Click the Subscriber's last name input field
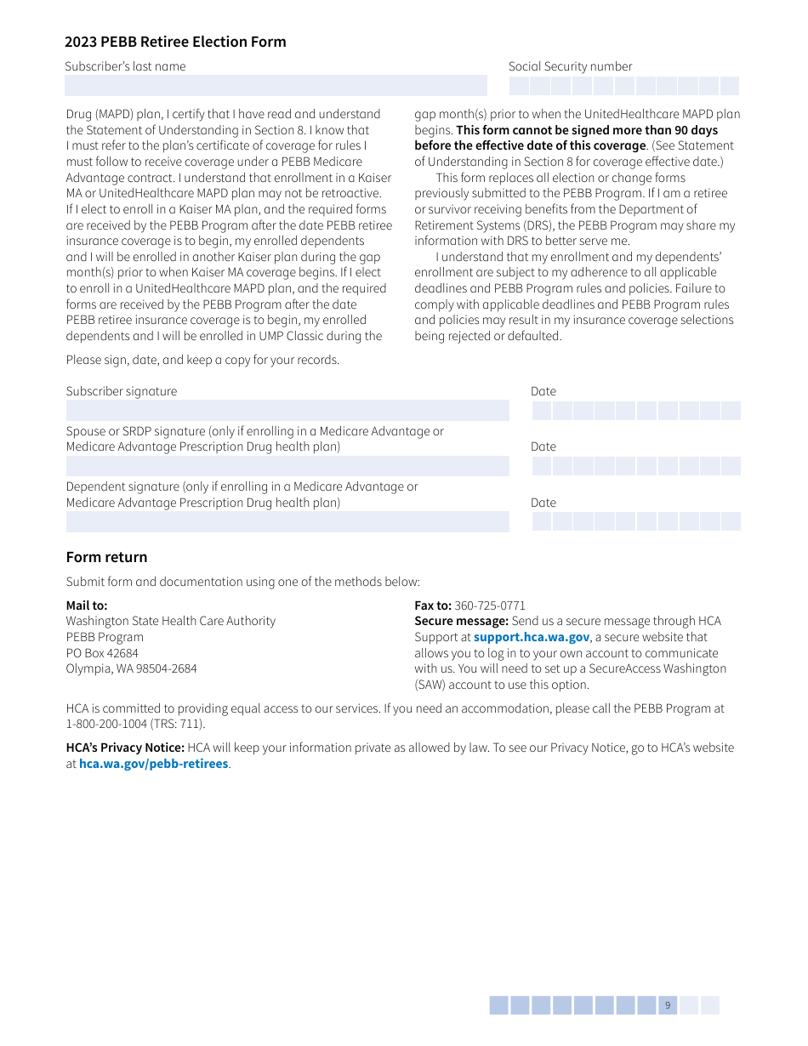(x=276, y=86)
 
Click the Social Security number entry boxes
(x=624, y=86)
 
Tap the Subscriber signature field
(x=287, y=411)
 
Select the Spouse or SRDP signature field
(x=287, y=466)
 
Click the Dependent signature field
(x=287, y=521)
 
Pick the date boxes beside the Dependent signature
(x=636, y=521)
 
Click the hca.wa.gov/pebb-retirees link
(x=154, y=764)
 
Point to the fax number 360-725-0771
(x=490, y=605)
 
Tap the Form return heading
(x=107, y=557)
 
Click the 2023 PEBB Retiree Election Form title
(x=175, y=42)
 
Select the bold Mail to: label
(x=87, y=605)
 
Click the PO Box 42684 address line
(x=102, y=653)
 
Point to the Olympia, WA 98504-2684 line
(x=132, y=668)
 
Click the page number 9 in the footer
(x=668, y=1005)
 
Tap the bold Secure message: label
(x=461, y=622)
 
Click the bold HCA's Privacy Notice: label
(x=125, y=748)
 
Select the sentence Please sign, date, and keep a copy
(x=202, y=360)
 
